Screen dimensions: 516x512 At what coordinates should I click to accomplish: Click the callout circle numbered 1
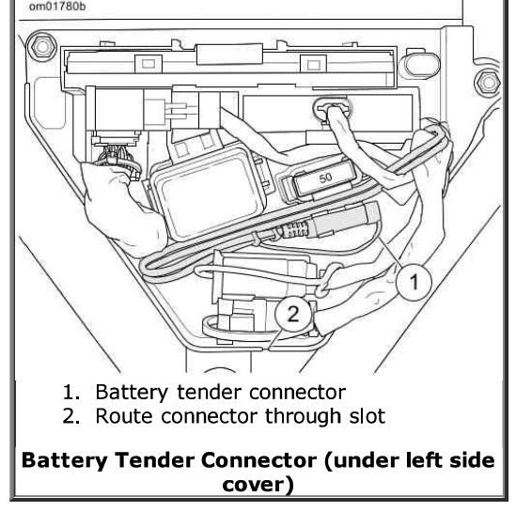coord(414,282)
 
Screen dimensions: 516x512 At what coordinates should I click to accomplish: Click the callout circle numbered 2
coord(293,314)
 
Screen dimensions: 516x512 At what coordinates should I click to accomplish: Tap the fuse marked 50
coord(325,179)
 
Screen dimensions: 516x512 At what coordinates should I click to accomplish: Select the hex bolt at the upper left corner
coord(42,47)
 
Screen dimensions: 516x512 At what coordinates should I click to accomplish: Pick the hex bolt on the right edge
coord(488,83)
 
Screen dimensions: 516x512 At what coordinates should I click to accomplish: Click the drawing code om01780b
coord(57,7)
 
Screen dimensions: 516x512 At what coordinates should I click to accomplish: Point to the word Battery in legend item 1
coord(132,393)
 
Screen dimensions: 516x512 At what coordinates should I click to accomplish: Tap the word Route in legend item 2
coord(124,416)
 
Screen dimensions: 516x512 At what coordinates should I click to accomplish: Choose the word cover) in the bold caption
coord(258,485)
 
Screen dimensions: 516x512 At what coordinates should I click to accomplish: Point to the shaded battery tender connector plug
coord(344,219)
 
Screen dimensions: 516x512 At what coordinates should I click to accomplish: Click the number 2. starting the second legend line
coord(70,416)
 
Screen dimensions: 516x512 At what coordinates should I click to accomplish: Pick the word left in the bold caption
coord(423,459)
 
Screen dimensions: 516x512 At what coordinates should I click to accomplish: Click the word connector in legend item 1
coord(297,393)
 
